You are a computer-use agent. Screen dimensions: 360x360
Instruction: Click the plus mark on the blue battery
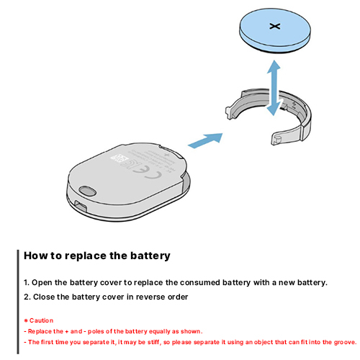pos(275,26)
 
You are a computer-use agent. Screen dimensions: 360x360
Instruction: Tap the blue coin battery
pos(275,31)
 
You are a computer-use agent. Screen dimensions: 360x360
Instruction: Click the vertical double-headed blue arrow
pos(274,88)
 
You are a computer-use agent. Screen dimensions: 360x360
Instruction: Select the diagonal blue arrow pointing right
pos(205,140)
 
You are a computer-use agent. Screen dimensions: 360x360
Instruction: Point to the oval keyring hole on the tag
pos(87,191)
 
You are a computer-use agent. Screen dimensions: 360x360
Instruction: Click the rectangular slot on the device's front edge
pos(81,205)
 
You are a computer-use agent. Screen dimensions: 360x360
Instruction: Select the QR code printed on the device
pos(119,158)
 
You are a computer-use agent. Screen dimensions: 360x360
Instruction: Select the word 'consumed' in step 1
pos(199,282)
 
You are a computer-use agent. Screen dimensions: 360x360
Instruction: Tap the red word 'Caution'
pos(41,320)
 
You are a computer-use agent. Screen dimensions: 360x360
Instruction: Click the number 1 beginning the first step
pos(26,282)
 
